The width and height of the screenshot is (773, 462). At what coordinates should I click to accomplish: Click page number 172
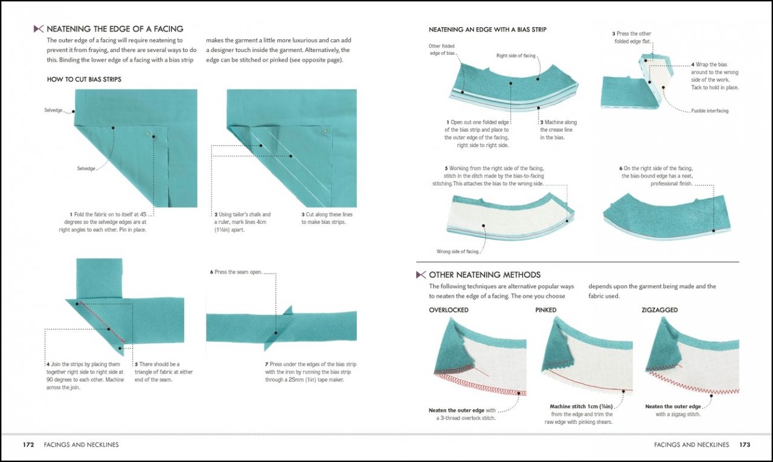(x=28, y=444)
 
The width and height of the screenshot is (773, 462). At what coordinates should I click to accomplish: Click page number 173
(x=744, y=444)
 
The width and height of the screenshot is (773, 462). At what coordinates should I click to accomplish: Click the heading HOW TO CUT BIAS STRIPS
(x=84, y=79)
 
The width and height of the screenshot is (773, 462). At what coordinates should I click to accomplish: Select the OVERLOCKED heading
(x=448, y=310)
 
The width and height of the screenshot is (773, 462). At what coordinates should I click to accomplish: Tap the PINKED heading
(x=545, y=310)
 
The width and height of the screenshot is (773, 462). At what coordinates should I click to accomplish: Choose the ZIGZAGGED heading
(x=659, y=310)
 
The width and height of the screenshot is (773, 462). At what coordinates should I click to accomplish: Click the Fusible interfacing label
(x=710, y=111)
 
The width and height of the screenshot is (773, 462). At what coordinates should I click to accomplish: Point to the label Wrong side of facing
(x=457, y=251)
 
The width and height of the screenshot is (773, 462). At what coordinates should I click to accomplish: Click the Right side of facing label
(x=516, y=56)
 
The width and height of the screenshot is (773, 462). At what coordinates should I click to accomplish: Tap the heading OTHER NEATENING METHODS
(x=484, y=275)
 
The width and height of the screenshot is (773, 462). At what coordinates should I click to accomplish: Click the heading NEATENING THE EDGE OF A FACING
(x=115, y=28)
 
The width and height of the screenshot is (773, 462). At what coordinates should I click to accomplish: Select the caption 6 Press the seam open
(x=236, y=272)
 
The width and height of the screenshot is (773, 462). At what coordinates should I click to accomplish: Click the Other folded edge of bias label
(x=441, y=50)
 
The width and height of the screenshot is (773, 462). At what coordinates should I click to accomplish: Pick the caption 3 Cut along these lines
(x=327, y=218)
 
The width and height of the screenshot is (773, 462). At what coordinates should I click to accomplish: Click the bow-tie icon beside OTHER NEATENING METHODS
(x=421, y=275)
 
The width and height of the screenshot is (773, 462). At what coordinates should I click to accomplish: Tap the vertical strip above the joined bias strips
(x=99, y=278)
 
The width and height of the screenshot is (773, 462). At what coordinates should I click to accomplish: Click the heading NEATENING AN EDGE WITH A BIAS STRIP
(x=487, y=29)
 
